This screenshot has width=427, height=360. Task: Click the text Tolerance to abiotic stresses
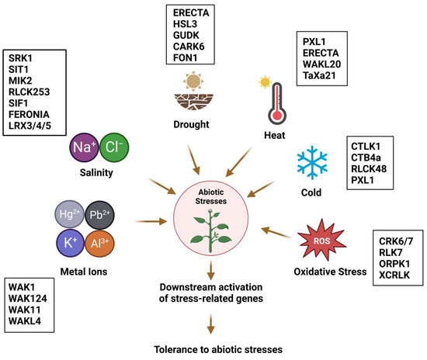[212, 349]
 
